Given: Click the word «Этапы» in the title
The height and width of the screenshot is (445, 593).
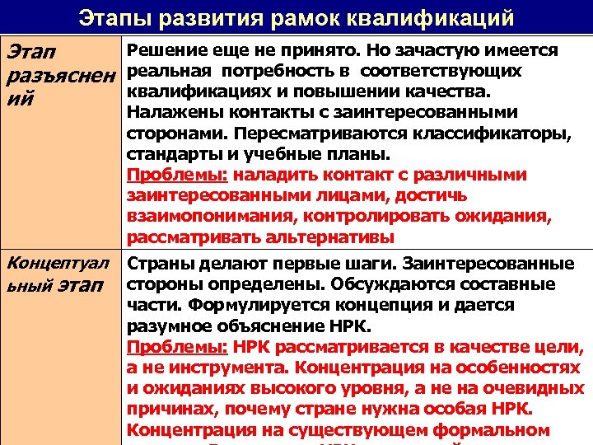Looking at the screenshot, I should (110, 17).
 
